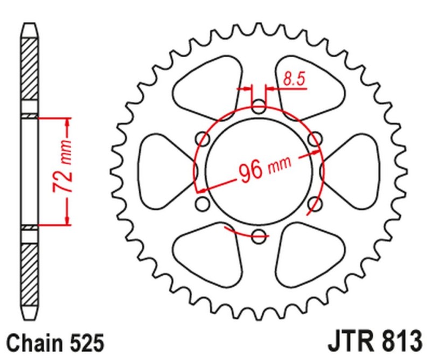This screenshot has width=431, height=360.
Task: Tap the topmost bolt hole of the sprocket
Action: click(x=259, y=106)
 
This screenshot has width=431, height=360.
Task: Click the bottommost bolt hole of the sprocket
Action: click(x=259, y=234)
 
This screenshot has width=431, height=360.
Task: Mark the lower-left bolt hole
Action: click(x=203, y=203)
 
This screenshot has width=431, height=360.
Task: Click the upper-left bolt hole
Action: click(x=204, y=139)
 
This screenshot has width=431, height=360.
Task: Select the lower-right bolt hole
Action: click(x=315, y=203)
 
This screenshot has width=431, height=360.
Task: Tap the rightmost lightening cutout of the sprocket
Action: click(x=353, y=171)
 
